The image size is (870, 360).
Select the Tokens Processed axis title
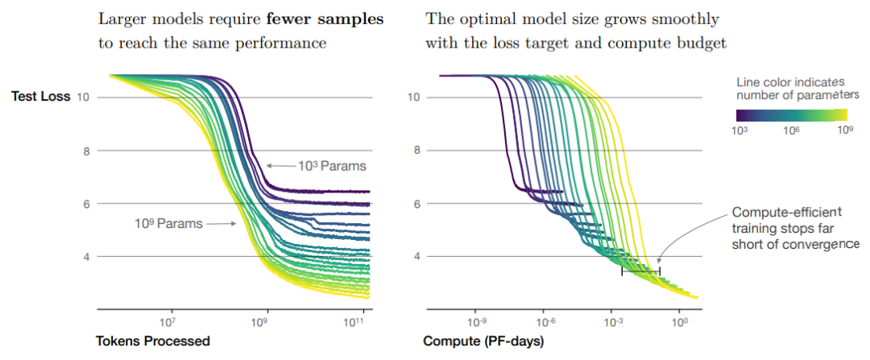pos(152,341)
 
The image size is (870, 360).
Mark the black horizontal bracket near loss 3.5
pos(640,271)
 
